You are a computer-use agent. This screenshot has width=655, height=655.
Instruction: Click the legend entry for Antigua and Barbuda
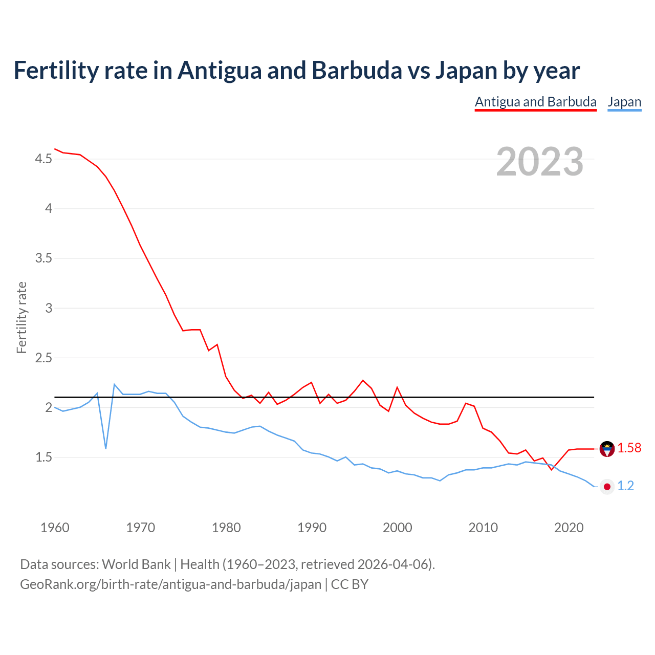[535, 102]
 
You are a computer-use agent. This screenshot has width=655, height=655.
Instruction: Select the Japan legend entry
[624, 102]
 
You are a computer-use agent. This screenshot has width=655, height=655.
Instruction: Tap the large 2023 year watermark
[539, 162]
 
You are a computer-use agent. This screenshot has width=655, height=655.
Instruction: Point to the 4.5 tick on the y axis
[43, 159]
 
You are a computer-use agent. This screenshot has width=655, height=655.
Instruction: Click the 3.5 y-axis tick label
[43, 258]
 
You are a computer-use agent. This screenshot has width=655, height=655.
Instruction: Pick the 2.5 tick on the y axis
[43, 358]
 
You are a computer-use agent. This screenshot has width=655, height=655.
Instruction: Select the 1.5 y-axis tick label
[43, 457]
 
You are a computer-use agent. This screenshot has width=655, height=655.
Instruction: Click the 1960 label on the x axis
[55, 528]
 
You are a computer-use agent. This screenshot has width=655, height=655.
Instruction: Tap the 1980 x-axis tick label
[226, 528]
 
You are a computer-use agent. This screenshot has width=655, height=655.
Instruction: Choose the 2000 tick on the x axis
[397, 528]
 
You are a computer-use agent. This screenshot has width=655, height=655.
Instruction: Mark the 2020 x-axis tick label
[569, 528]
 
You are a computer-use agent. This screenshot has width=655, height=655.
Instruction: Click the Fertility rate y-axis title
[21, 317]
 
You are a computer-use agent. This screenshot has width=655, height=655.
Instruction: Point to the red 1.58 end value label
[629, 448]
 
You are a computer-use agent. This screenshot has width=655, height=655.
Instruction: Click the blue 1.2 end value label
[625, 486]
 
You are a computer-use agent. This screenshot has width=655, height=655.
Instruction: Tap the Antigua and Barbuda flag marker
[607, 449]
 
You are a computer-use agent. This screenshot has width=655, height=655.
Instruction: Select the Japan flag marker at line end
[607, 487]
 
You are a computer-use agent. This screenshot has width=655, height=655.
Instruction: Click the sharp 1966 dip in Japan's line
[106, 448]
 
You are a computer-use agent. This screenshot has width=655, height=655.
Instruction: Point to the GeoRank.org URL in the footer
[170, 584]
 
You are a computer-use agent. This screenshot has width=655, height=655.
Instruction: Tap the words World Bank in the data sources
[136, 564]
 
